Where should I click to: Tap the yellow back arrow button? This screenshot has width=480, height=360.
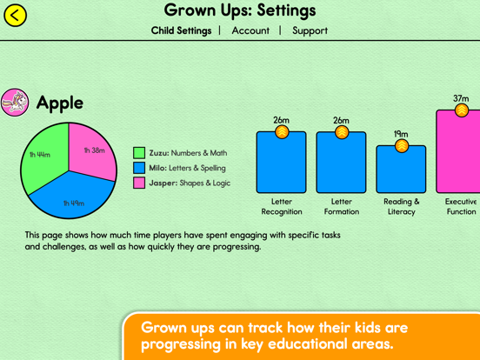coord(15,16)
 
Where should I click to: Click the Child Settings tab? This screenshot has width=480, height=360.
coord(181,30)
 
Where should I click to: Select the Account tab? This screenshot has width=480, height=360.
coord(250,30)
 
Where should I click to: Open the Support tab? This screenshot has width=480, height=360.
coord(310,30)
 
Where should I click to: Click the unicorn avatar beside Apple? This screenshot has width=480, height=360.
coord(15,103)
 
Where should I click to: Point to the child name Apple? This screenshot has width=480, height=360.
coord(60,103)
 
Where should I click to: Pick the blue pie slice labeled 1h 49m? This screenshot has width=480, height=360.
coord(72,196)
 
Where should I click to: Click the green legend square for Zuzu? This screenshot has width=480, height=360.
coord(139,153)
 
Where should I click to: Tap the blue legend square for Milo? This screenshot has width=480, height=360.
coord(139,168)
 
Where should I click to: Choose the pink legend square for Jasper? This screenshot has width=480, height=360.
coord(139,183)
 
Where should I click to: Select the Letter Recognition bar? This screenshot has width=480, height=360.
coord(282,163)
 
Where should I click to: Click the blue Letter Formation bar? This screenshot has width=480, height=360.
coord(342,163)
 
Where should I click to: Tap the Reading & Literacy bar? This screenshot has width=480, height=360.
coord(401,170)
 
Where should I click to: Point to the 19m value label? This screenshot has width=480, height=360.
coord(401,134)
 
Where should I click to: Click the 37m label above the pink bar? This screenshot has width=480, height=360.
coord(461,98)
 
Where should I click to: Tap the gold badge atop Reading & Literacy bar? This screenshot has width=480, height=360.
coord(402,146)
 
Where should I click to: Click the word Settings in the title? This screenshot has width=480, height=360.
coord(286,10)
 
